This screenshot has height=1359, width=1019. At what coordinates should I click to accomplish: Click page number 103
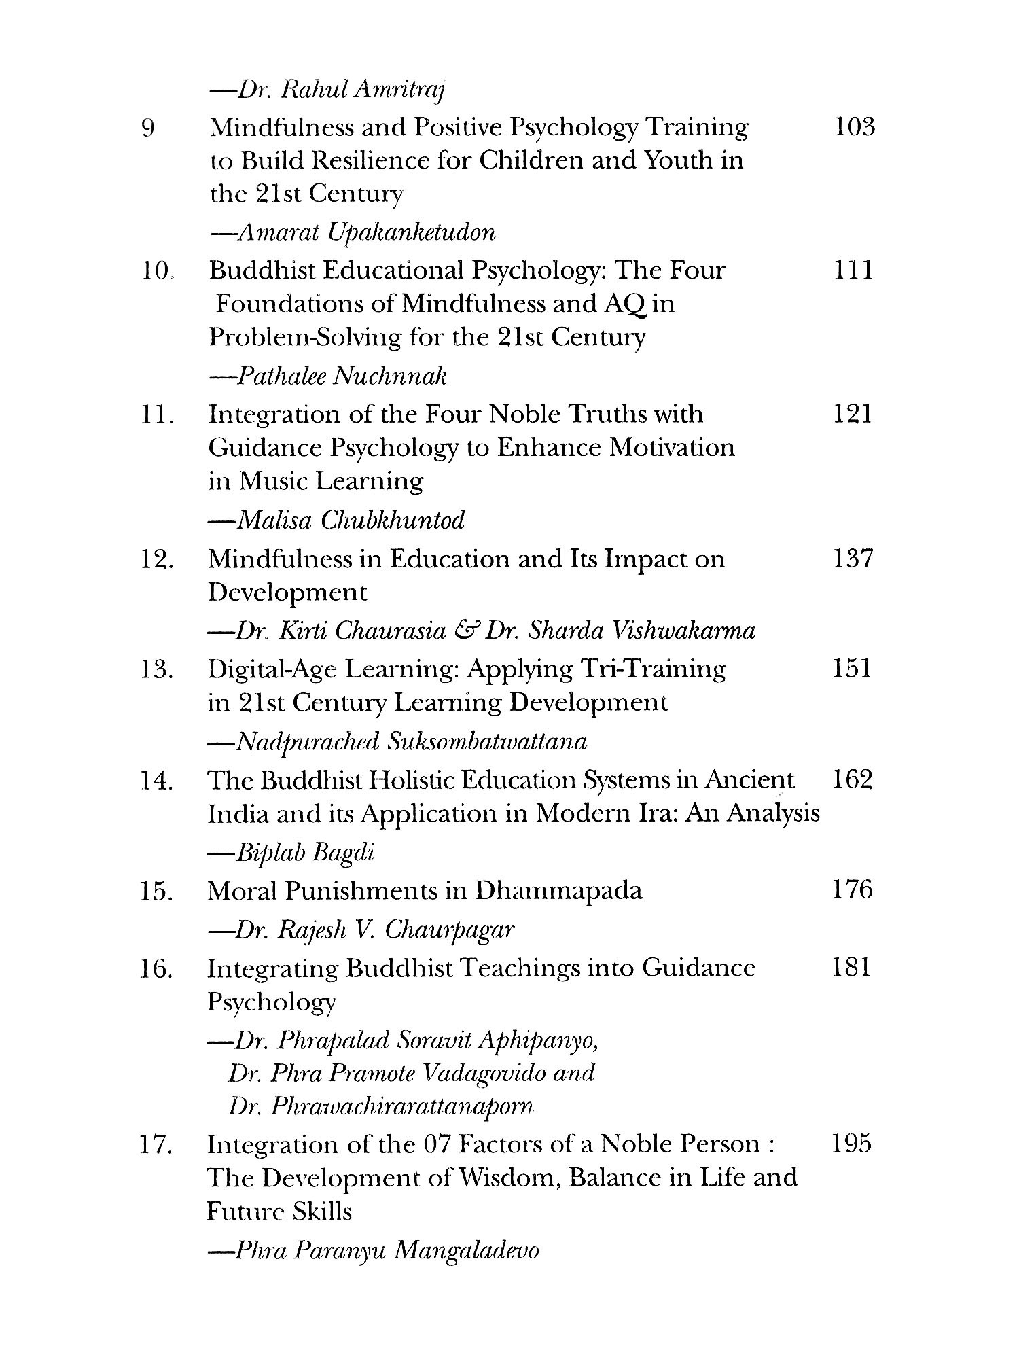click(853, 127)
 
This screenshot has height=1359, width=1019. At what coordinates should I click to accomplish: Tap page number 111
click(852, 270)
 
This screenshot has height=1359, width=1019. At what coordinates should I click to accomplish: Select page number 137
click(852, 559)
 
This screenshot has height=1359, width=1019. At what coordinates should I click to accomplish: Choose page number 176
click(852, 889)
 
